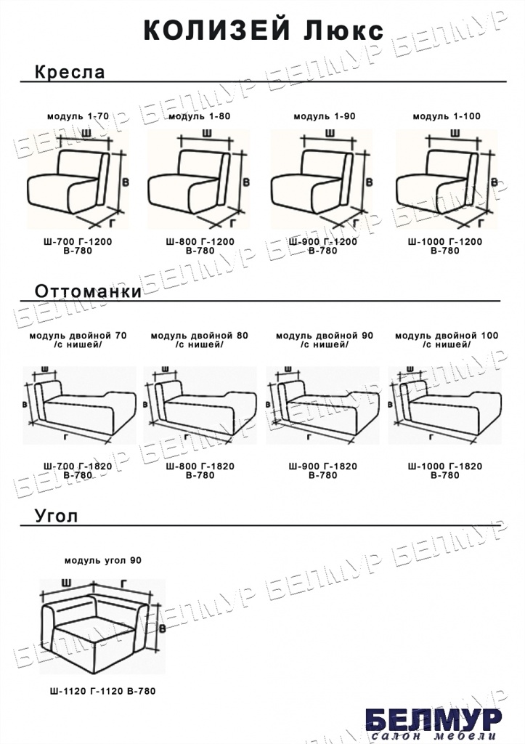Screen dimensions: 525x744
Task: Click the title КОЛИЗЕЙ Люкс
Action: point(263,31)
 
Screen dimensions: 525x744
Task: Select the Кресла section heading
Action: point(70,72)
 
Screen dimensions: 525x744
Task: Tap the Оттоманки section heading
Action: point(88,291)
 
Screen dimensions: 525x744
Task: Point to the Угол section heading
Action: point(56,516)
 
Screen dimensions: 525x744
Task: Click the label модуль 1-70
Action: point(78,116)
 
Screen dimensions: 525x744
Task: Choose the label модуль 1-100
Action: point(447,116)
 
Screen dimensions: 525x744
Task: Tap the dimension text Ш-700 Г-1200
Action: point(78,241)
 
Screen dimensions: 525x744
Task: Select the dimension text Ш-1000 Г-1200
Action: point(445,241)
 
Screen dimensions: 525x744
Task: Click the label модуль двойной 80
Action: point(199,336)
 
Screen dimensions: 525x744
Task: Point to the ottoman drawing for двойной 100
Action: point(444,405)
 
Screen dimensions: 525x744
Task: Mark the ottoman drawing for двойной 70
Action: point(79,405)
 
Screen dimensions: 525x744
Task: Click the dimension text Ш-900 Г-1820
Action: point(323,466)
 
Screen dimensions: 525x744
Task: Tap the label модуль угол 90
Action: point(103,560)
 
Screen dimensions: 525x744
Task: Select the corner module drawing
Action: point(102,626)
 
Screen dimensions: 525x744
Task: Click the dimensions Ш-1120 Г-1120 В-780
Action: point(102,692)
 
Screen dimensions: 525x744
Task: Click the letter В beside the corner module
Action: point(162,628)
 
